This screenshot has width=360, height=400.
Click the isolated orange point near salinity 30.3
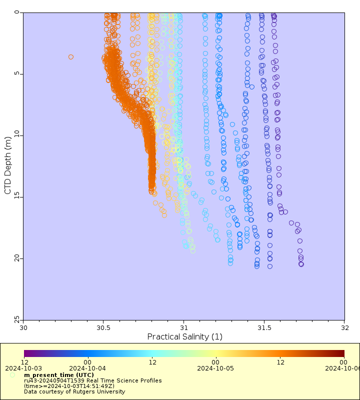pyautogui.click(x=71, y=57)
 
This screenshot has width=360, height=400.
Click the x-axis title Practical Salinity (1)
pyautogui.click(x=184, y=337)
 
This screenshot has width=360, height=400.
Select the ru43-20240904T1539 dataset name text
pyautogui.click(x=92, y=380)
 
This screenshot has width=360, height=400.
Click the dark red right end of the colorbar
pyautogui.click(x=342, y=353)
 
